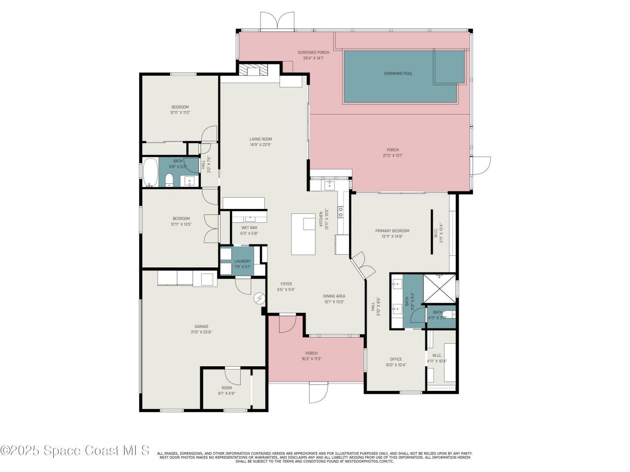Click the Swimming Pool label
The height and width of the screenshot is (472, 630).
tap(398, 74)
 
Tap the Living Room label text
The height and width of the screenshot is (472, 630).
tap(260, 139)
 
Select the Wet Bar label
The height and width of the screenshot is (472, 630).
tap(249, 228)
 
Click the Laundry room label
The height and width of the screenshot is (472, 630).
tap(242, 261)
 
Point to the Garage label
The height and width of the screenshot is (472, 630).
tap(201, 326)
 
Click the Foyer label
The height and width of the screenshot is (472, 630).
tap(286, 284)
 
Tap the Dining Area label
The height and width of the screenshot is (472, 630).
tap(334, 296)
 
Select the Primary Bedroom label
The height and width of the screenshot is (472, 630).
tap(392, 231)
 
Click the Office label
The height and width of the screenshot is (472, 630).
tap(396, 359)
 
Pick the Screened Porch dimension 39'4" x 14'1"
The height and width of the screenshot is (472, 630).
tap(313, 58)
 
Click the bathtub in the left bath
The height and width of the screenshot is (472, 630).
tap(151, 173)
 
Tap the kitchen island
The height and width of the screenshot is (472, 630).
tap(304, 234)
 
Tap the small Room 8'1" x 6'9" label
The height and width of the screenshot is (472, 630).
tap(226, 388)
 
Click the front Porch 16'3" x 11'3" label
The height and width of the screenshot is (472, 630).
tap(311, 353)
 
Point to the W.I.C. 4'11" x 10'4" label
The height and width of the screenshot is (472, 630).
tap(437, 355)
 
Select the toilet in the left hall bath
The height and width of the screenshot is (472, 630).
tap(169, 180)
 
